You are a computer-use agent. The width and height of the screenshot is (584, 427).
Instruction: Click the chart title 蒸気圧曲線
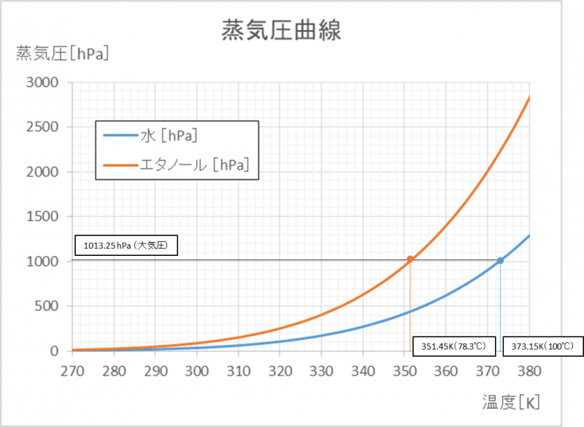tap(282, 31)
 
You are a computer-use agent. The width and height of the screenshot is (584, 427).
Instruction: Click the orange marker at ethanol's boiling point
tap(410, 259)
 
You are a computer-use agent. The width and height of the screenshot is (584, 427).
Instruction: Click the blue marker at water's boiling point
tap(500, 260)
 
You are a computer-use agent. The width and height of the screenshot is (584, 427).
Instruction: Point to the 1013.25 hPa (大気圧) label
tap(125, 246)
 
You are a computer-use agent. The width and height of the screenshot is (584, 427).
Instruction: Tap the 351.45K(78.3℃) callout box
tap(454, 345)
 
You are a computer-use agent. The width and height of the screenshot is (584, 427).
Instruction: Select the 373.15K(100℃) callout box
tap(542, 345)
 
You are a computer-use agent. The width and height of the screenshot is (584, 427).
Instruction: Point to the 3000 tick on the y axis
tap(42, 83)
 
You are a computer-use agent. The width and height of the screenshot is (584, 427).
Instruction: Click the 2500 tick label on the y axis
tap(42, 127)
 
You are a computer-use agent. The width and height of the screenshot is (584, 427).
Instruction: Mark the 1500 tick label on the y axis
tap(42, 217)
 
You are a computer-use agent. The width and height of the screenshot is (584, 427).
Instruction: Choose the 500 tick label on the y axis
tap(46, 306)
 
